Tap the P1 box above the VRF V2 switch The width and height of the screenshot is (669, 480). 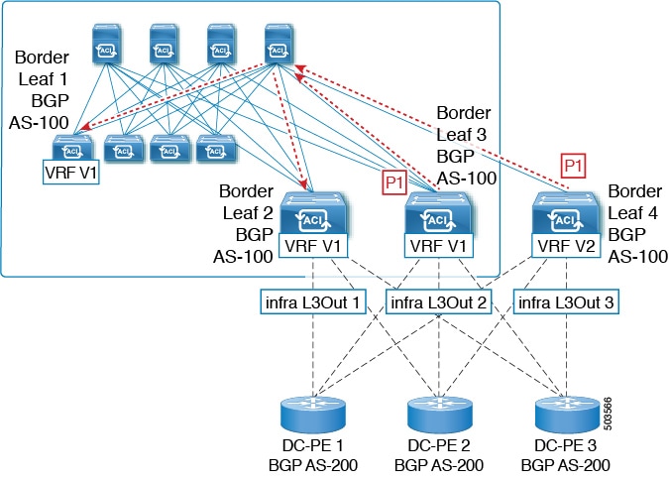pos(572,164)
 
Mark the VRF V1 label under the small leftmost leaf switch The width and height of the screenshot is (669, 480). pos(70,170)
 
